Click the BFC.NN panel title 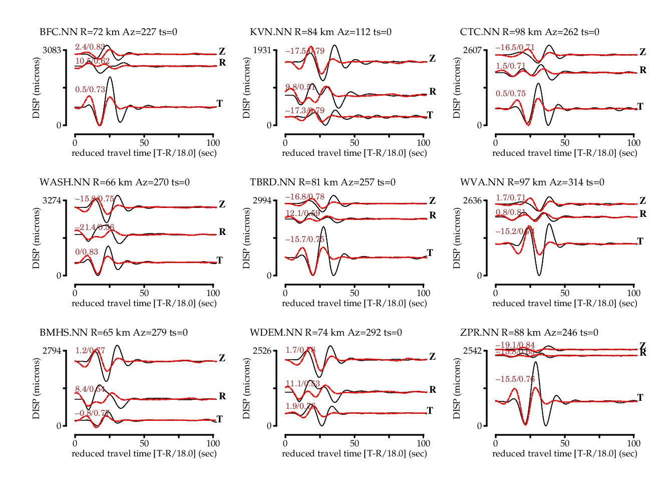coord(108,32)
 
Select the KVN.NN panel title coord(320,32)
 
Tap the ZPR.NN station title coord(529,333)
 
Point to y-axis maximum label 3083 coord(52,50)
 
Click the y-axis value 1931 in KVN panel coord(262,50)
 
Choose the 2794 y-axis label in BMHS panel coord(52,351)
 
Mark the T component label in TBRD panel coord(430,253)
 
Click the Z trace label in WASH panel coord(222,204)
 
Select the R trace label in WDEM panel coord(433,390)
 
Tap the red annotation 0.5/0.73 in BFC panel coord(90,90)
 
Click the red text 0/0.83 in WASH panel coord(87,252)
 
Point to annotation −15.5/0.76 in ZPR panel coord(515,379)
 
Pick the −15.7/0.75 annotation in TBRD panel coord(304,239)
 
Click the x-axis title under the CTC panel coord(564,153)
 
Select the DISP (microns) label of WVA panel coord(457,238)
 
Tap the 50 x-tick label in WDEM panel coord(355,443)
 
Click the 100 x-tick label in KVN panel coord(423,143)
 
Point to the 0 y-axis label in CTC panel coord(479,125)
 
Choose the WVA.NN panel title coord(532,182)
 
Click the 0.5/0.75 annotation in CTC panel coord(511,94)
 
